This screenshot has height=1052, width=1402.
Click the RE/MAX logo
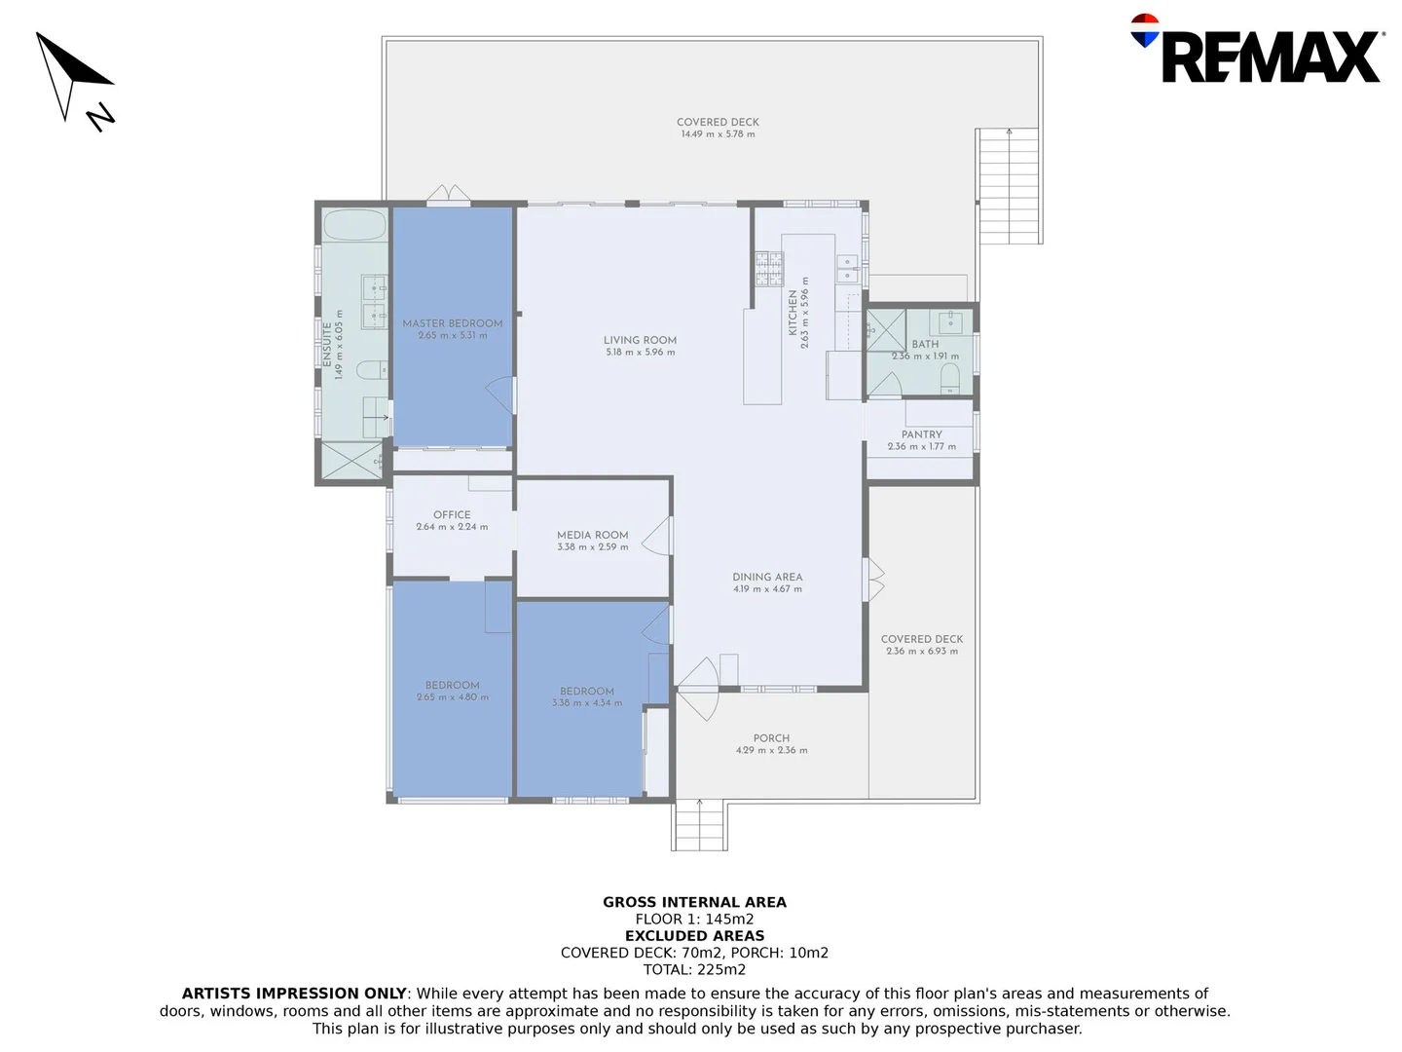click(x=1257, y=51)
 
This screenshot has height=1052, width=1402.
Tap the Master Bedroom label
click(x=453, y=323)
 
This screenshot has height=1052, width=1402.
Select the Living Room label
click(x=640, y=341)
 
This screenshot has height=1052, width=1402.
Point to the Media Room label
click(x=592, y=535)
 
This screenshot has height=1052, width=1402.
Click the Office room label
click(x=452, y=514)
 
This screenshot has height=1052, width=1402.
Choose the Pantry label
click(x=921, y=434)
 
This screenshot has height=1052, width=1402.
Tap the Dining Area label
click(x=767, y=577)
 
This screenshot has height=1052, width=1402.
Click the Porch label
click(x=771, y=738)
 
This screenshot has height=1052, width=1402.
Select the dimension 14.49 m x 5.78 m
click(x=718, y=134)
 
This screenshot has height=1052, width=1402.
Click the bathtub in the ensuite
click(x=354, y=226)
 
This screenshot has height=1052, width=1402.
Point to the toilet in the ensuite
click(x=370, y=370)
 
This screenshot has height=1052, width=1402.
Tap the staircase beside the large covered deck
click(x=1009, y=186)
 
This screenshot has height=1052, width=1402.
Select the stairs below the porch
click(x=699, y=825)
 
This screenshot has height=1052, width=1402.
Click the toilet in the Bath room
click(x=950, y=379)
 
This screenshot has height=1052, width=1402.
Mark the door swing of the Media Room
click(x=658, y=536)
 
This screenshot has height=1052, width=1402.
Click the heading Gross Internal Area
click(x=694, y=902)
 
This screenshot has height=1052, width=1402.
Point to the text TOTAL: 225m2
click(x=694, y=969)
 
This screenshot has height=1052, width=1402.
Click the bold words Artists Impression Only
click(x=294, y=994)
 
